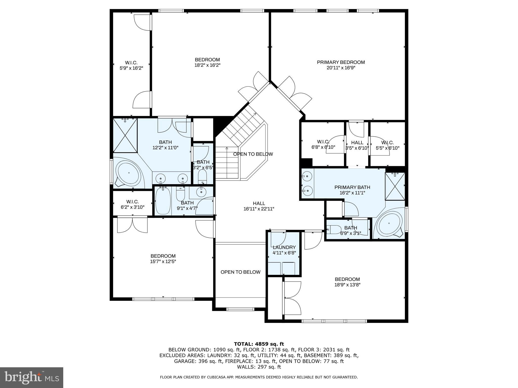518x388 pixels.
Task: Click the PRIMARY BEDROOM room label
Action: coord(341,62)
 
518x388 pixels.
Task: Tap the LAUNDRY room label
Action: coord(284,247)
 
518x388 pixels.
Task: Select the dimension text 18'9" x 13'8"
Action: coord(347,285)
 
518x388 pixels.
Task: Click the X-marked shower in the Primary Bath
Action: coord(395,186)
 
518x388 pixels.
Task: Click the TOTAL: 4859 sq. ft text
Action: coord(259,344)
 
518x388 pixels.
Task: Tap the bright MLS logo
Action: coord(32,377)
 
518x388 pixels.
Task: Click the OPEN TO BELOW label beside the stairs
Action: coord(253,154)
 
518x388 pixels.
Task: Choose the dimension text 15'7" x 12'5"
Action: coord(163,261)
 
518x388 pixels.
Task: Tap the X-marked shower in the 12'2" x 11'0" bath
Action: coord(125,136)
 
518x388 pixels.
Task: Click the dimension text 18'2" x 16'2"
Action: coord(207,65)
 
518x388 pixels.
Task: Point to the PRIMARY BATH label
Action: coord(352,187)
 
